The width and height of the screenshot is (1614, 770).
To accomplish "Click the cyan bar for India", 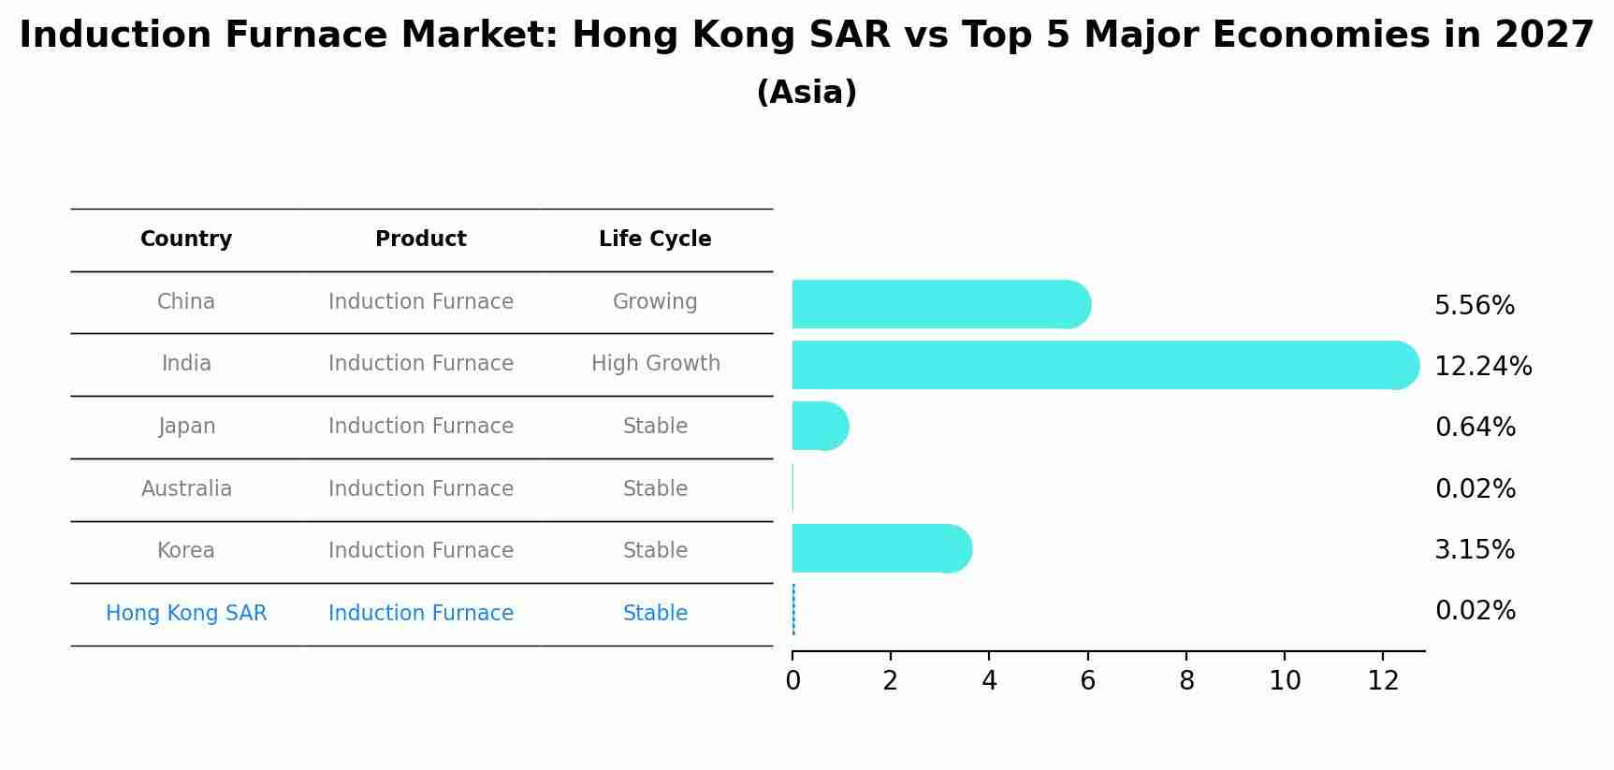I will [x=1104, y=365].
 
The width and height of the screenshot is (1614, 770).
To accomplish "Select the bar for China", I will [x=940, y=304].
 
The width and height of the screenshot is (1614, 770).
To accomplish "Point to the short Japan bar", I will [x=820, y=426].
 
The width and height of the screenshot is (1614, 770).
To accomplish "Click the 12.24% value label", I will [x=1483, y=367].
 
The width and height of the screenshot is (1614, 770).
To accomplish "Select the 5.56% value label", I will [x=1474, y=306].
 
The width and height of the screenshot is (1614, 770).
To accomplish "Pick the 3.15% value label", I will [x=1474, y=550].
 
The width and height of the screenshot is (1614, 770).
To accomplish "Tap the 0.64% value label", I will [x=1475, y=428].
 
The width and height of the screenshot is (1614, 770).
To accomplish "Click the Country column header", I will [x=186, y=240].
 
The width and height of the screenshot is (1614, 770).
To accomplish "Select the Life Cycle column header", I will [x=655, y=240].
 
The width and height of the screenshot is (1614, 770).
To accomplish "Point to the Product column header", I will [x=421, y=240].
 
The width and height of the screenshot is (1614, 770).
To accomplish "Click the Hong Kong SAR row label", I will [x=186, y=614].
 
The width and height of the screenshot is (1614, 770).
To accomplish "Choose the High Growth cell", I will [x=655, y=364].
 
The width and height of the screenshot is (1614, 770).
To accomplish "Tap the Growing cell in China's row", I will [x=655, y=302].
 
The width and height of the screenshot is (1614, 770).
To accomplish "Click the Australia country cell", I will [x=186, y=489].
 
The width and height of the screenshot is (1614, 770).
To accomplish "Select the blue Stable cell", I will [x=655, y=614].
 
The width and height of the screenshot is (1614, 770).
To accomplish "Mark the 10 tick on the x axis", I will [x=1285, y=681].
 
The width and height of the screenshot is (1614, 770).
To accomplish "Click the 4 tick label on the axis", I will [x=989, y=681].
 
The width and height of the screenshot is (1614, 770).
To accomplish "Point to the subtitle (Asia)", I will [x=807, y=93].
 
